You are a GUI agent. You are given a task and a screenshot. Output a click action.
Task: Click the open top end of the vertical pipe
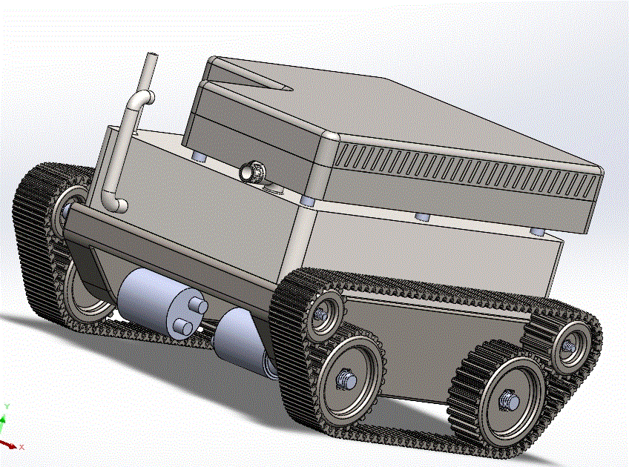pyautogui.click(x=152, y=54)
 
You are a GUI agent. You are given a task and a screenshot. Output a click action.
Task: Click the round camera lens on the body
pyautogui.click(x=253, y=171)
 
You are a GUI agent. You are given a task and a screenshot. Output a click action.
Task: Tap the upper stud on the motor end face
pyautogui.click(x=198, y=306)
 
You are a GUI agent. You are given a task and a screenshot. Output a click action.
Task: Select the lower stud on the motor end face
pyautogui.click(x=183, y=327)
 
